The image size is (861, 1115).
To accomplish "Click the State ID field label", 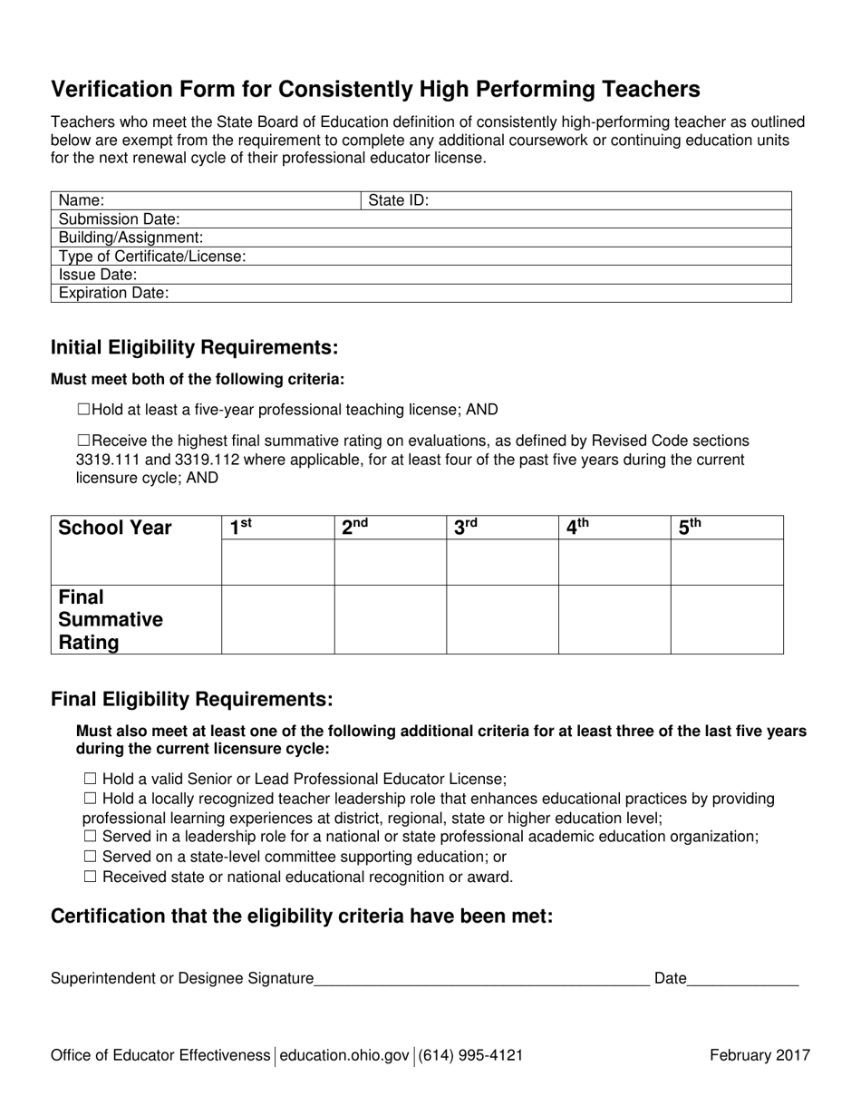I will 399,200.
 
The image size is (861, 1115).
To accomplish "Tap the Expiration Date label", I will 113,293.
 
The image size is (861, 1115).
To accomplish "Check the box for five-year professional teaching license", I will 83,410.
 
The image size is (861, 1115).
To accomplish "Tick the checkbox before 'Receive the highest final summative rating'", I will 83,441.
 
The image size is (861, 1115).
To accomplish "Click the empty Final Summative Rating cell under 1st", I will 277,619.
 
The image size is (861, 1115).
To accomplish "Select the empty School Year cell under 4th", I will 614,562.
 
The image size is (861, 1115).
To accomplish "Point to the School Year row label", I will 114,528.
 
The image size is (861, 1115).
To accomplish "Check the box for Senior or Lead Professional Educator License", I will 89,779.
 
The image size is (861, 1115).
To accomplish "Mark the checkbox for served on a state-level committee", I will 89,857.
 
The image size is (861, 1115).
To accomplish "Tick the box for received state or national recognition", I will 89,877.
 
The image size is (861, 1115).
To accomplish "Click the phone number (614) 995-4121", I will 470,1055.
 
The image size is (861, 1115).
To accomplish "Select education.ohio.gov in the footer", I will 345,1055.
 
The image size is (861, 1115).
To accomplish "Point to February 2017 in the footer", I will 759,1055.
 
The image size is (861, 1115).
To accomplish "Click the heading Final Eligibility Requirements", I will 192,700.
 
